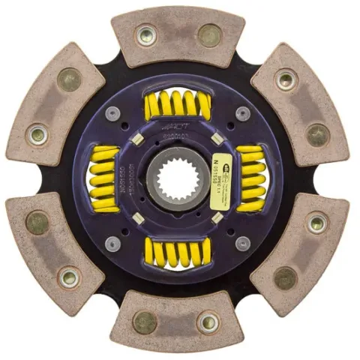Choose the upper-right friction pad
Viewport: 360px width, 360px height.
click(x=301, y=105)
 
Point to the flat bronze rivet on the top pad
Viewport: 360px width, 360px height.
click(x=209, y=34)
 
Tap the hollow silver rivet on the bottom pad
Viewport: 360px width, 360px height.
click(x=208, y=322)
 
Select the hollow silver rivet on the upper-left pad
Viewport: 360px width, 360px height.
click(x=38, y=136)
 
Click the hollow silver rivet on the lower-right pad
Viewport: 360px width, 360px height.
click(x=317, y=223)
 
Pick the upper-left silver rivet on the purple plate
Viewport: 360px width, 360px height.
click(x=113, y=113)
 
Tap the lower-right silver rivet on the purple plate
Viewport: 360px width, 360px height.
click(x=242, y=244)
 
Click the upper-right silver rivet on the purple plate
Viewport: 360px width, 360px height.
click(x=242, y=113)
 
